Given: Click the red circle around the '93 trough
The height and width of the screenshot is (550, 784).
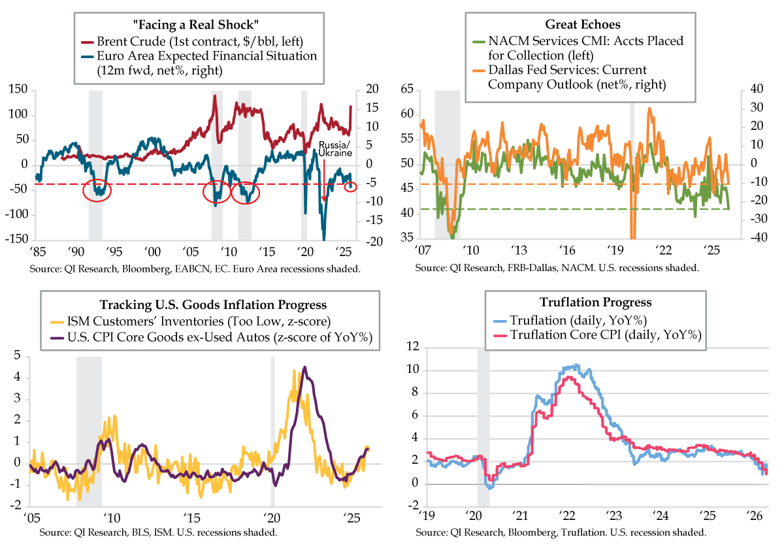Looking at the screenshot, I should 97,190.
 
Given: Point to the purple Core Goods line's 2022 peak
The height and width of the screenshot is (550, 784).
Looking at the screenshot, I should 304,367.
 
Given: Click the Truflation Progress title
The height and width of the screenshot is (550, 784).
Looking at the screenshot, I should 586,302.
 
